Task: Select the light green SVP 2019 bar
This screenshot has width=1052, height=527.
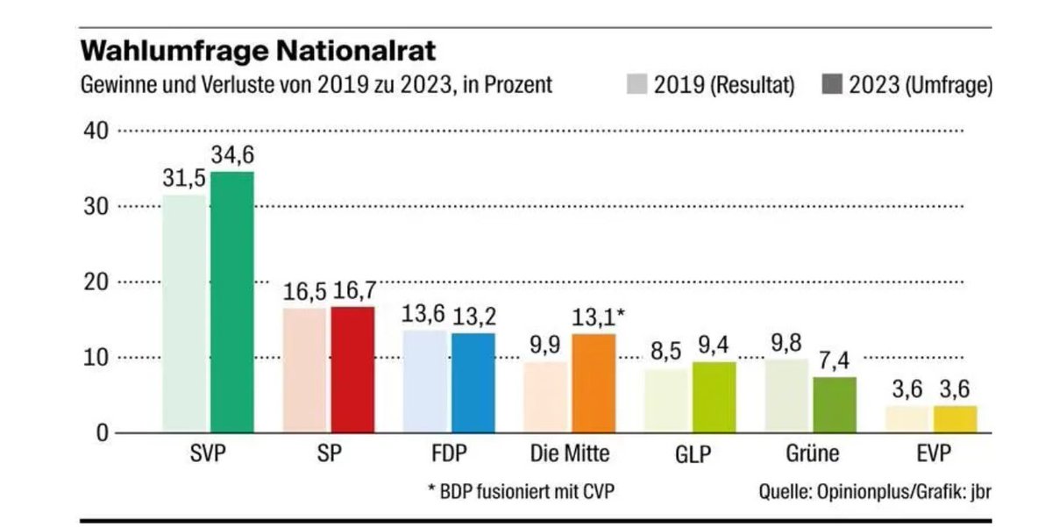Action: (x=184, y=314)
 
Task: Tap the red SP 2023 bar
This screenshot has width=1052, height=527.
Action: (x=352, y=369)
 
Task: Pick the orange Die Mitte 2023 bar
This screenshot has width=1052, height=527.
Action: (x=594, y=383)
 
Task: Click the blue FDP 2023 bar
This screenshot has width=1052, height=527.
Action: (x=473, y=382)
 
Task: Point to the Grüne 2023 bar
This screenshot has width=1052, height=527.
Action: (x=835, y=404)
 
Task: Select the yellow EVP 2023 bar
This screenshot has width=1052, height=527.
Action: (x=955, y=418)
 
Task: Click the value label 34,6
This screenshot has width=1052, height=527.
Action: (x=232, y=156)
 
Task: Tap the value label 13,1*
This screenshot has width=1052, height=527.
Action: (x=599, y=317)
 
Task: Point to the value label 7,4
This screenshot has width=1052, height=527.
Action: (x=835, y=361)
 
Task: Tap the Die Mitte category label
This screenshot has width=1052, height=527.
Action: (x=570, y=454)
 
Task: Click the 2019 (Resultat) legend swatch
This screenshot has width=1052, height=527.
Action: (x=637, y=85)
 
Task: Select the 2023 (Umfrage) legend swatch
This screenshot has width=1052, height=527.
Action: (x=833, y=85)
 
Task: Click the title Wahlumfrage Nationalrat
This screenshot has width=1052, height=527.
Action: (x=258, y=50)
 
